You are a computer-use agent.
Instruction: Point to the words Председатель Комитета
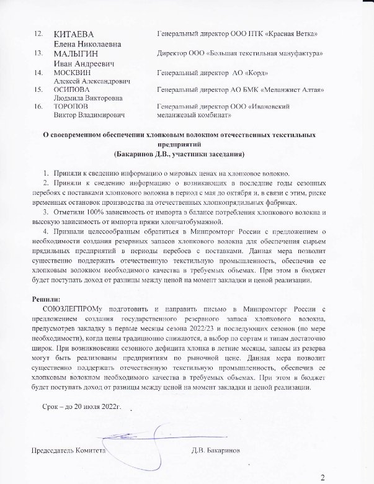point(68,449)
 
